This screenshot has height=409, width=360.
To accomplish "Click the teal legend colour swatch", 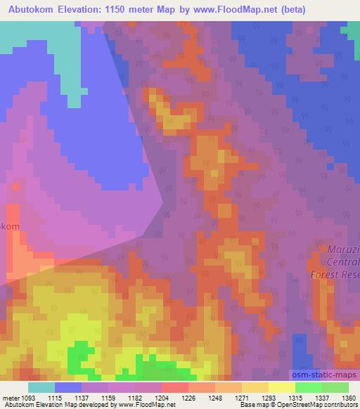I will (41, 387).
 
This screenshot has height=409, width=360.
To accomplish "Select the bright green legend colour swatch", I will (309, 387).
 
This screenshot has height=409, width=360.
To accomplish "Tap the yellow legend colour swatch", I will (282, 387).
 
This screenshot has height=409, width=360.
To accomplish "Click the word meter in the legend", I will (11, 397).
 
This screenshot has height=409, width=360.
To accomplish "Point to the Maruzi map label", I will (342, 249).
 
